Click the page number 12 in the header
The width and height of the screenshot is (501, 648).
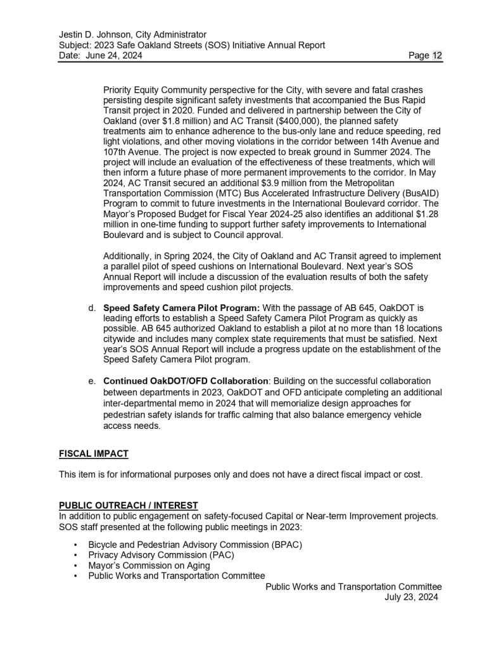point(437,56)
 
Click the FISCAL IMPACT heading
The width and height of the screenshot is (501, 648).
point(94,454)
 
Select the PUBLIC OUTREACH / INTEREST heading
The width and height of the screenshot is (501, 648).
point(129,505)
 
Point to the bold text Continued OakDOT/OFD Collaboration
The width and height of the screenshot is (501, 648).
point(186,381)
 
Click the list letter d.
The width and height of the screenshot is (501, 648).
point(92,308)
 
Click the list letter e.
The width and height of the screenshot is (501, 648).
point(92,381)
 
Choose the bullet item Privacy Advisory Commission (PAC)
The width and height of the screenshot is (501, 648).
point(161,556)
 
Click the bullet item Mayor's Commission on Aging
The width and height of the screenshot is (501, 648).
point(149,566)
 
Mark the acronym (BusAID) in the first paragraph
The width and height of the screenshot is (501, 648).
point(417,193)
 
